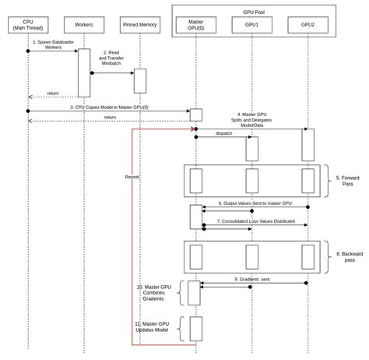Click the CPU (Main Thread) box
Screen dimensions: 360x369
[28, 25]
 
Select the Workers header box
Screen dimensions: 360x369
[84, 25]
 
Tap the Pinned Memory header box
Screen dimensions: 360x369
[140, 25]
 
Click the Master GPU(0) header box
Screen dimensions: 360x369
[196, 25]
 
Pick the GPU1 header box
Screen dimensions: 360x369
[251, 25]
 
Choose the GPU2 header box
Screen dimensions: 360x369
[307, 25]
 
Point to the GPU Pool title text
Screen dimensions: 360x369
[254, 12]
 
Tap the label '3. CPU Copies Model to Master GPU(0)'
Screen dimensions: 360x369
[109, 108]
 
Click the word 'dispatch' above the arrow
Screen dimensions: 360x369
[224, 133]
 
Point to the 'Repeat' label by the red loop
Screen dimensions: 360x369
[132, 177]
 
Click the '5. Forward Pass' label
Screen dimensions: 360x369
[347, 181]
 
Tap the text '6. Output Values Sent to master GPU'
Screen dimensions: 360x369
[255, 203]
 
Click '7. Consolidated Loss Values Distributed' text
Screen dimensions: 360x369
[255, 221]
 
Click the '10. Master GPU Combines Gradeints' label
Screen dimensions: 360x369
[153, 292]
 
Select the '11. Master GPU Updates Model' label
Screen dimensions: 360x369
[152, 326]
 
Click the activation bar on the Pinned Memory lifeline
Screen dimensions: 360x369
[140, 81]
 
